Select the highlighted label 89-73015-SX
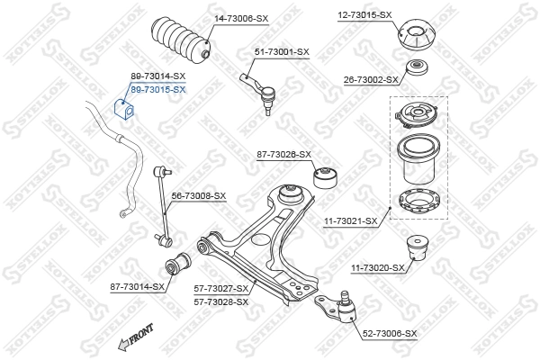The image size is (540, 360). pos(157,89)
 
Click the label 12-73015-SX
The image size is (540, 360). pos(364,15)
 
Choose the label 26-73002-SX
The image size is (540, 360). pos(370,80)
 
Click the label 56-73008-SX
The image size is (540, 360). pos(199,195)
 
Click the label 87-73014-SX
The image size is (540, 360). pos(138,286)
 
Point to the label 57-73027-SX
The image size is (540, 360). pos(220,288)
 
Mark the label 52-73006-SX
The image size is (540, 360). pos(390,334)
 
